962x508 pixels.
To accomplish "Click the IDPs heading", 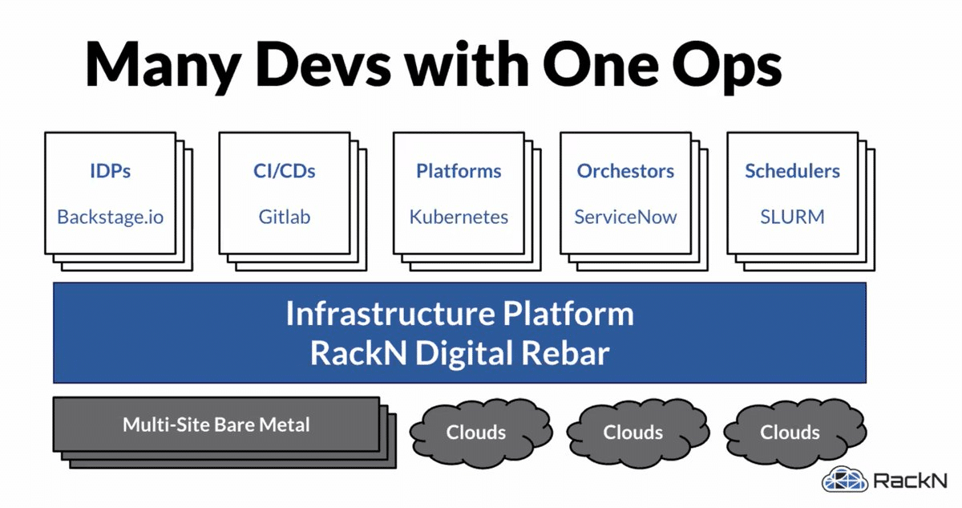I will coord(110,171).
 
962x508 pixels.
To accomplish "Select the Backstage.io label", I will coord(110,217).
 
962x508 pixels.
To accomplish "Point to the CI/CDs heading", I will coord(284,171).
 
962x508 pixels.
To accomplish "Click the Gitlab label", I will coord(284,217).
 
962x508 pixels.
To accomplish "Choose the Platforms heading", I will coord(459,171).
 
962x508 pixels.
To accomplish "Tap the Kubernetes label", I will coord(459,217).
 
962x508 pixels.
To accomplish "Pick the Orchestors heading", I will coord(625,171).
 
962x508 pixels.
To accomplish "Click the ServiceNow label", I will coord(625,217).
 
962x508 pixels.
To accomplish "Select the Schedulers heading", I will coord(792,171).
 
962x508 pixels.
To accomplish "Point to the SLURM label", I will coord(792,217).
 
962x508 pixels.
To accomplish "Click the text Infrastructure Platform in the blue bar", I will coord(459,313).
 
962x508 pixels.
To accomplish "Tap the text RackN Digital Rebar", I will coord(459,353).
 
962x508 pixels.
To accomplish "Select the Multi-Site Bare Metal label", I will coord(216,425).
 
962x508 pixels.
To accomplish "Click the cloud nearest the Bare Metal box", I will coord(475,433).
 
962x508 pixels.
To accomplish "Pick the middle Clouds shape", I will coord(633,433).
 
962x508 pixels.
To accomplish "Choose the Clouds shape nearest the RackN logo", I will coord(790,433).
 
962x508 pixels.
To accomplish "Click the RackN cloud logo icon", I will coord(844,481).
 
